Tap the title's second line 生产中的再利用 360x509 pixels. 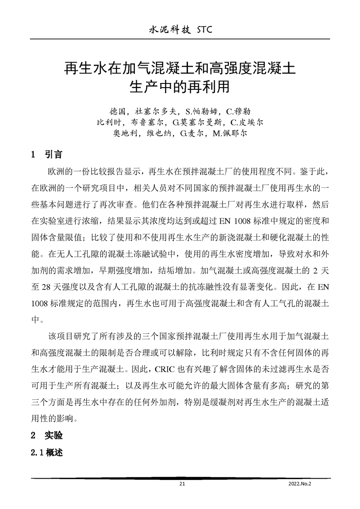[x=180, y=86]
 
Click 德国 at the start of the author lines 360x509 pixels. [x=118, y=111]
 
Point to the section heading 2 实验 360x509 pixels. [x=46, y=436]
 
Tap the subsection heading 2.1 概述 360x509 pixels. [x=46, y=452]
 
